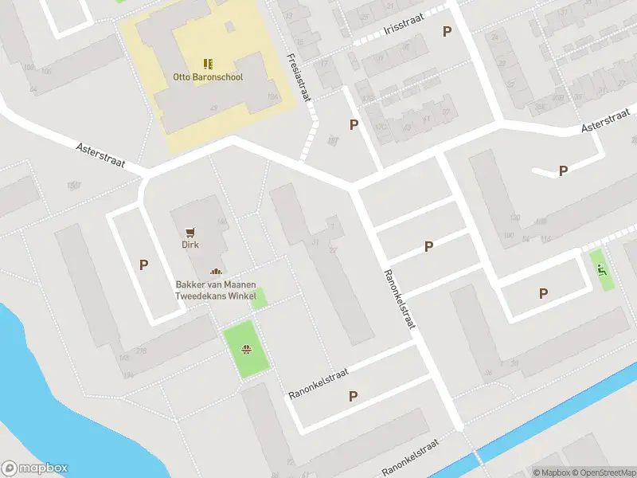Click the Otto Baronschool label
(208, 77)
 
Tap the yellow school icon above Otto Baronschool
(208, 64)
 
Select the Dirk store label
(190, 245)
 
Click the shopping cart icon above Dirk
(190, 232)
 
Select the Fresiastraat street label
(301, 77)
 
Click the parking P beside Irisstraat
(447, 31)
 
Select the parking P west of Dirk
(144, 265)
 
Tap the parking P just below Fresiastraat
(354, 124)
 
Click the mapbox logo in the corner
(35, 468)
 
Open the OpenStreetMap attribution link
(602, 472)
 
